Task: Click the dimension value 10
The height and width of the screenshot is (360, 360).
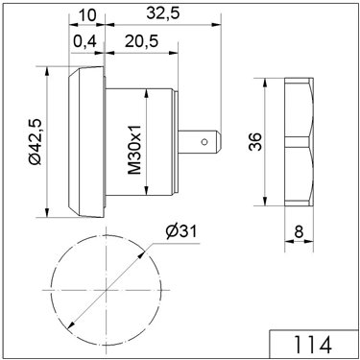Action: click(x=86, y=14)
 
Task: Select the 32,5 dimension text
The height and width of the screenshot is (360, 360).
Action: click(x=163, y=13)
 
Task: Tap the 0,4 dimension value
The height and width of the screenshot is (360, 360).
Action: click(x=84, y=41)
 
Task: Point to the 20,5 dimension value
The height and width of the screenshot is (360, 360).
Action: click(x=141, y=41)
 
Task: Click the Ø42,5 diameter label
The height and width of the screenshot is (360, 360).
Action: click(x=36, y=142)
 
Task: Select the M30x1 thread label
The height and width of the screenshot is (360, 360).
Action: click(x=134, y=150)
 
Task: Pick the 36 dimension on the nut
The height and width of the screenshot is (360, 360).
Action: click(x=255, y=142)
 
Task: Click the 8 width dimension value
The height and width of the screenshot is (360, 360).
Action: click(x=299, y=231)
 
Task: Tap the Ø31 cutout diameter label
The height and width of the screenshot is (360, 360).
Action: click(x=181, y=231)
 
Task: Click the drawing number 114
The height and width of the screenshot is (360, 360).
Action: click(x=313, y=345)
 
